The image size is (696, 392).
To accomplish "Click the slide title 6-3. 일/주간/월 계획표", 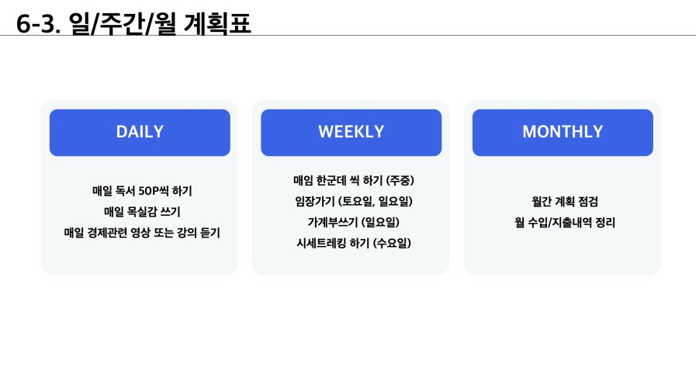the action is point(133,23).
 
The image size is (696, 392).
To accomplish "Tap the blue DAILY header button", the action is point(140,132).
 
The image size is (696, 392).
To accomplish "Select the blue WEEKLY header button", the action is point(351,132).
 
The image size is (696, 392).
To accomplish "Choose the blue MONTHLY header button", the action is point(563,132).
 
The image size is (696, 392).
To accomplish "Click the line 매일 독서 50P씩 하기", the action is point(142,191).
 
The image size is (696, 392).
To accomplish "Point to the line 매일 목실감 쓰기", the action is point(142,212).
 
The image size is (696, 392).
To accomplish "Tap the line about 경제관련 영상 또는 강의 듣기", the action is point(142,233).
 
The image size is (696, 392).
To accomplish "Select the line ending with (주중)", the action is point(353,180).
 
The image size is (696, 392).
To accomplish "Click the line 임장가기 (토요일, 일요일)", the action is point(353,201).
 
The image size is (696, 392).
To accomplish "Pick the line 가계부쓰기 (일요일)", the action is point(353,222).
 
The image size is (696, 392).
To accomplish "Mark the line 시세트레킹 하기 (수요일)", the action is point(353,243).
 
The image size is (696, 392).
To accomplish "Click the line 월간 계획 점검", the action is point(565,202).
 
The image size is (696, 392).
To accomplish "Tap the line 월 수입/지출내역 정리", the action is point(565,223).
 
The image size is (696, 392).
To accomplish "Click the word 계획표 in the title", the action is point(217,23).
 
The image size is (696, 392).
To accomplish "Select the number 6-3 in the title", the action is point(36,24).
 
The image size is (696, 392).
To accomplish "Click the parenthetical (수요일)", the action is point(392,243).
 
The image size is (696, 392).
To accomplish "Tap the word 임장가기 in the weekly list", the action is point(315,201).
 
